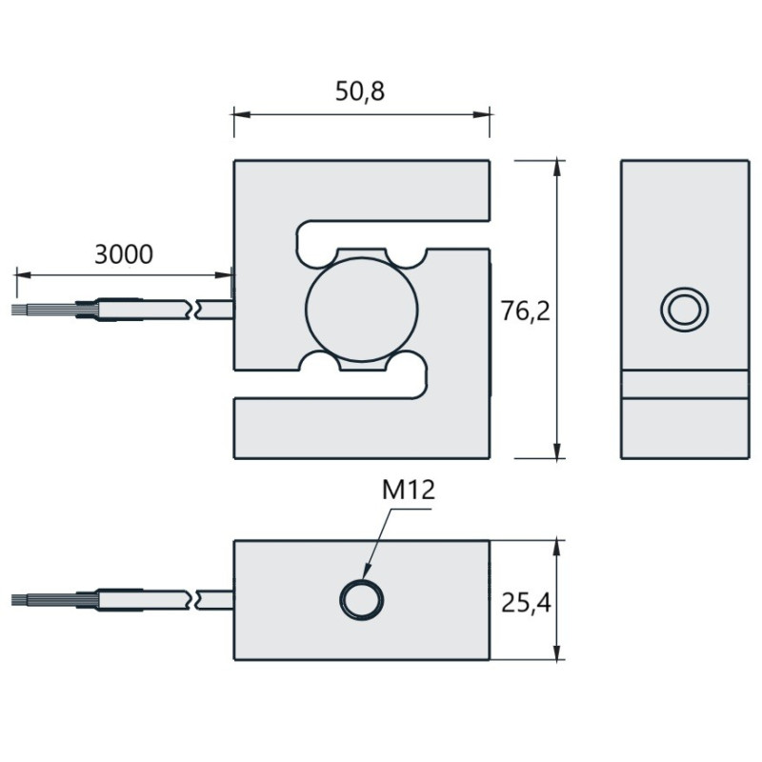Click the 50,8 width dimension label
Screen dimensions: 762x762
(x=360, y=91)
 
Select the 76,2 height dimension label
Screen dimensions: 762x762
(x=526, y=311)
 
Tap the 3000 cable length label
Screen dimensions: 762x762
(x=124, y=254)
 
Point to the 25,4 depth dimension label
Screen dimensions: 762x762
(x=526, y=603)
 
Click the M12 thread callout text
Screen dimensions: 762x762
(x=409, y=490)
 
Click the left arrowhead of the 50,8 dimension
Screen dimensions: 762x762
(x=242, y=114)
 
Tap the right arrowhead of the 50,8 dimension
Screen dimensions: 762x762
(x=481, y=114)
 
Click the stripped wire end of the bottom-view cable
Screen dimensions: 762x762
(x=43, y=600)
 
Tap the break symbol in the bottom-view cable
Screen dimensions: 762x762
(x=193, y=600)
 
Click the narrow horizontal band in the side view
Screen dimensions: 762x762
(x=685, y=385)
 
